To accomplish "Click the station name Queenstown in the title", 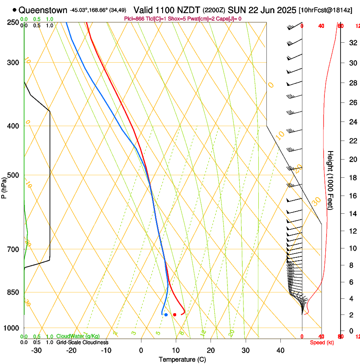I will click(43, 10).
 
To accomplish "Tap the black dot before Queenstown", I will click(15, 10).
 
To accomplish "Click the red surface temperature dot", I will click(174, 314).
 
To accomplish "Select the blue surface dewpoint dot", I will click(166, 314).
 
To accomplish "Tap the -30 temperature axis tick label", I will click(37, 350).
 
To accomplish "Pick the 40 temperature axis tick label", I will click(280, 350).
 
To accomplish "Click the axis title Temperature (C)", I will click(182, 359).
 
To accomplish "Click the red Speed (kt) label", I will click(322, 342).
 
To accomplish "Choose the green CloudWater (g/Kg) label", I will click(78, 336).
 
